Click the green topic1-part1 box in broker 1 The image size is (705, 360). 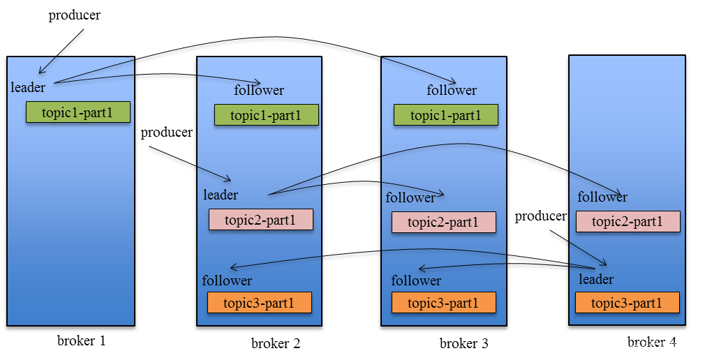[78, 112]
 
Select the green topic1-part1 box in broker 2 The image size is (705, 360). [266, 114]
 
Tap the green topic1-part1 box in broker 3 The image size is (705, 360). [446, 115]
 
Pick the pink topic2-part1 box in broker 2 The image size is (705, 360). [261, 220]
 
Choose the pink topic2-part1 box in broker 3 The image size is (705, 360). [443, 223]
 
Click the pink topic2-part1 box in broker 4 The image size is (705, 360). [628, 222]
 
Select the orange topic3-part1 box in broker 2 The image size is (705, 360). [259, 303]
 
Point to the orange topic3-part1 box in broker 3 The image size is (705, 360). [443, 303]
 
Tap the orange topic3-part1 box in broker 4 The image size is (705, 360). [627, 303]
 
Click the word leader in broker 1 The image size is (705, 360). [28, 87]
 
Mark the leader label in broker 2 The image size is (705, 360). [221, 195]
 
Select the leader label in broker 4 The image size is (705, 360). [596, 279]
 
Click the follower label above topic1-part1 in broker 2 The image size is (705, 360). [259, 90]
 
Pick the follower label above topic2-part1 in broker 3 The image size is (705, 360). [410, 197]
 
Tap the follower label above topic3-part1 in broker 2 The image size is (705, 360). [227, 280]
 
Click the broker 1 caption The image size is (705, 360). [82, 341]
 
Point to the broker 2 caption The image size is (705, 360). [276, 343]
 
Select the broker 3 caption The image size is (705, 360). [464, 343]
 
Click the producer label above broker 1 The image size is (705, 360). [75, 15]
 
